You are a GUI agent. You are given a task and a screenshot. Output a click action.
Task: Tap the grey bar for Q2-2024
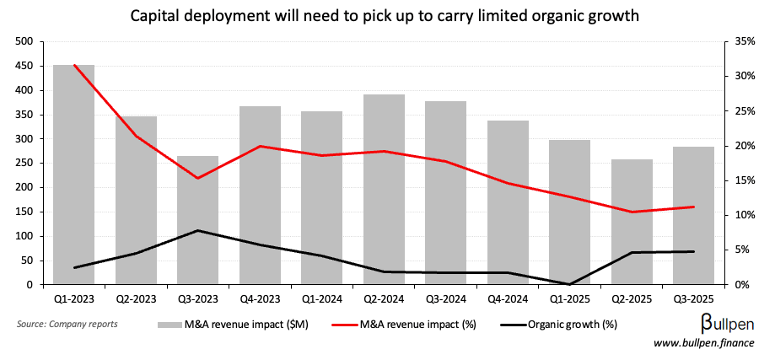[x=384, y=190]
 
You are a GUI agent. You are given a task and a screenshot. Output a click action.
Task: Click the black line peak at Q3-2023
[x=198, y=230]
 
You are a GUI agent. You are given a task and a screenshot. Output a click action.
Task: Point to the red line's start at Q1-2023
[x=74, y=65]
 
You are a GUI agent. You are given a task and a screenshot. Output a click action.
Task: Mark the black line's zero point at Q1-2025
[x=570, y=284]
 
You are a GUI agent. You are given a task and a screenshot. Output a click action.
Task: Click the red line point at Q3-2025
[x=693, y=207]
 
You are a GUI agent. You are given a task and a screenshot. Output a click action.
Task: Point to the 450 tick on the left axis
[x=24, y=66]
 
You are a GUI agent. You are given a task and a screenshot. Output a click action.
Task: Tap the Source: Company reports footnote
[x=67, y=323]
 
